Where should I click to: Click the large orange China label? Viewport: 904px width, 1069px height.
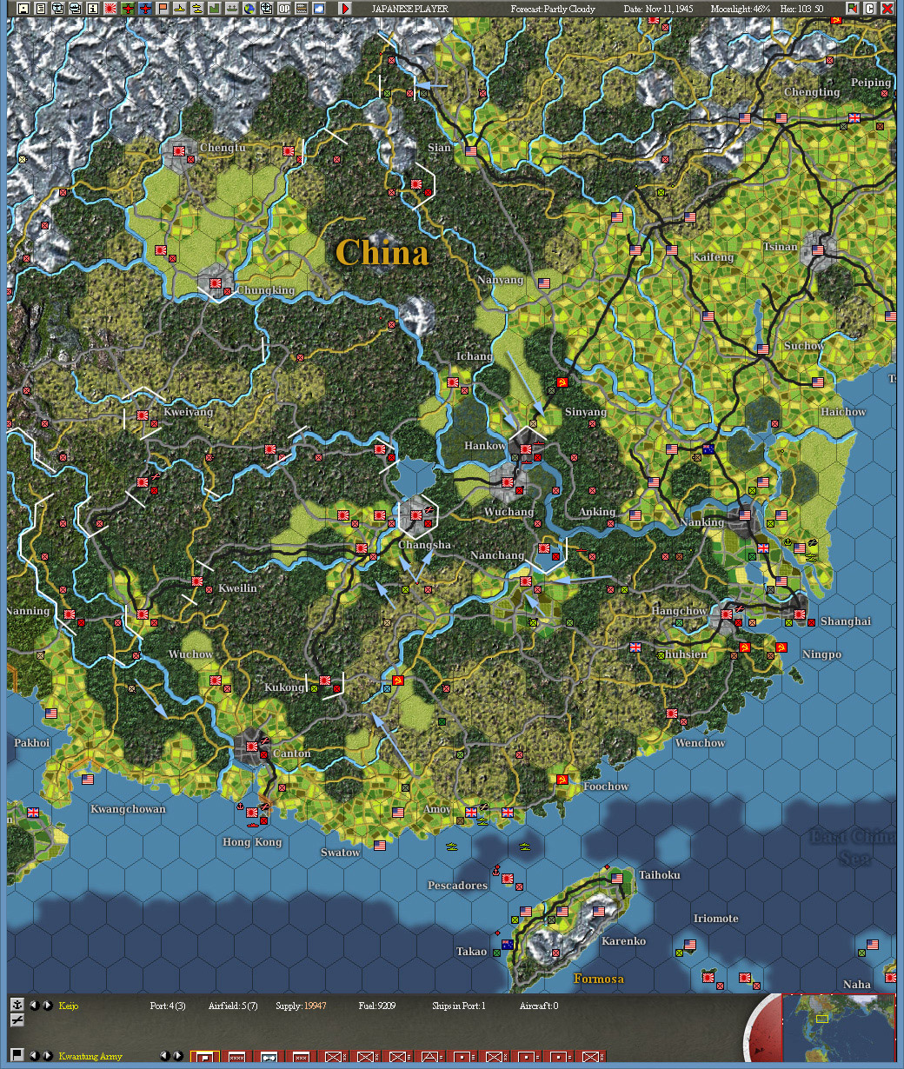[x=382, y=253]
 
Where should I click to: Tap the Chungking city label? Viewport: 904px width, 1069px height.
[x=266, y=290]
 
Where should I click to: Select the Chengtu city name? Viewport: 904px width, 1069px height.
[x=223, y=148]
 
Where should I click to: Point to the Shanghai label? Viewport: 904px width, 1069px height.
[x=846, y=621]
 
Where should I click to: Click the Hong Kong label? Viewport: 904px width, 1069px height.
[x=252, y=842]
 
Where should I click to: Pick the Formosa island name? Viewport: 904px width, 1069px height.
[x=599, y=979]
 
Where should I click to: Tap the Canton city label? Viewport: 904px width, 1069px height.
[x=292, y=754]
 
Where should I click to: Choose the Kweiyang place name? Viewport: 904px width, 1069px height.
[x=188, y=412]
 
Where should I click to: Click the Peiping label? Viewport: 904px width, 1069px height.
[x=871, y=83]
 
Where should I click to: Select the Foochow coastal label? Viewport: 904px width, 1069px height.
[x=606, y=787]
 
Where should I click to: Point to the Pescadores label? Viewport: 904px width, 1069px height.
[x=457, y=886]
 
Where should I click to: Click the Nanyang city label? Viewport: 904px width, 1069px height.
[x=501, y=281]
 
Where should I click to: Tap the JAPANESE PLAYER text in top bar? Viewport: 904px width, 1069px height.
[x=409, y=9]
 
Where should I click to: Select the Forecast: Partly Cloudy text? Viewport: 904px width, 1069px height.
[x=553, y=9]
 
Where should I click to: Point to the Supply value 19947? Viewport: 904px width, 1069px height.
[x=315, y=1006]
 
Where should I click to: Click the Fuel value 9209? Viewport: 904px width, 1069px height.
[x=387, y=1006]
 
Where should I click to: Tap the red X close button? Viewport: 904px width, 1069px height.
[x=887, y=9]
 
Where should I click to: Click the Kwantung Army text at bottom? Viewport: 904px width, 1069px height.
[x=90, y=1057]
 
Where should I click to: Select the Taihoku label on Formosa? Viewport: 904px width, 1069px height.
[x=660, y=875]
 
